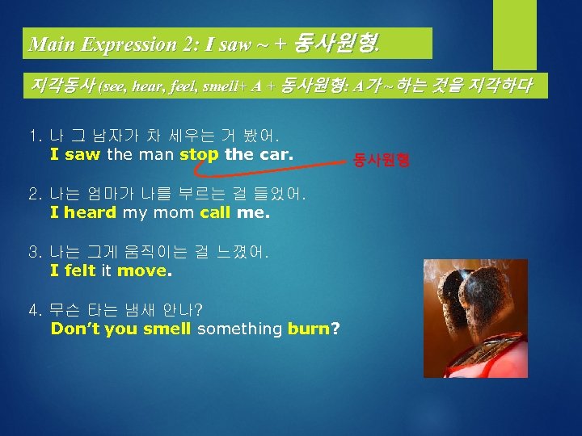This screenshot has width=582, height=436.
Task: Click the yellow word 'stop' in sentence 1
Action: click(199, 153)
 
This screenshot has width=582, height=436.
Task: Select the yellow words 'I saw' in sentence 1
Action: click(76, 153)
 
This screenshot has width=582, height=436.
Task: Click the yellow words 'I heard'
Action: click(83, 213)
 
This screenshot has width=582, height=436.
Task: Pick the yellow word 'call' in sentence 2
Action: click(215, 213)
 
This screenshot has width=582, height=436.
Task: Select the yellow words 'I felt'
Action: click(73, 271)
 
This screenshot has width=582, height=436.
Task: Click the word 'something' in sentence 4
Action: click(239, 329)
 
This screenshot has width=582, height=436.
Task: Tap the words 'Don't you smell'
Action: click(120, 329)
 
